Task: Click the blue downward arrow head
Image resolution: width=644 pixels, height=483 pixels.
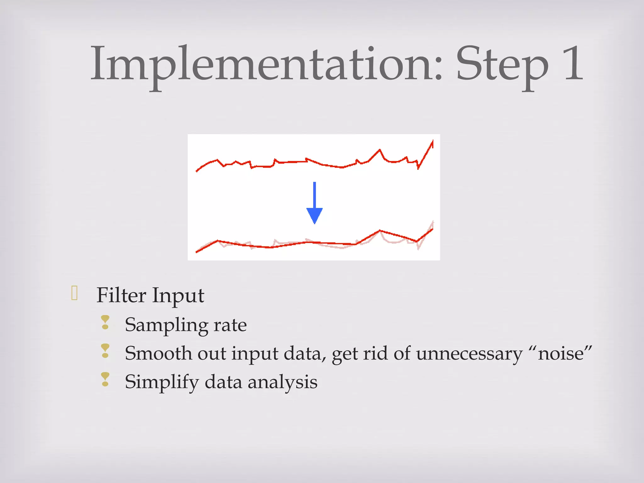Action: click(x=314, y=215)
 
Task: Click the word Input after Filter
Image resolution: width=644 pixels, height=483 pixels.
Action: click(x=178, y=296)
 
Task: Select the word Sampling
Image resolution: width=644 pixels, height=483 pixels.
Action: click(x=166, y=325)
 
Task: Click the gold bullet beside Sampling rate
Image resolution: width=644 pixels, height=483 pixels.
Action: click(x=105, y=323)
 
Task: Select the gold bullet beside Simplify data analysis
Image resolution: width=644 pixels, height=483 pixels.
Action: click(x=105, y=379)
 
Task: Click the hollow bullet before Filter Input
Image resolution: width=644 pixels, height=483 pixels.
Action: click(x=75, y=293)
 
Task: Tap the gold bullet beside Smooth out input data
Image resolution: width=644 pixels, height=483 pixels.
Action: click(x=105, y=351)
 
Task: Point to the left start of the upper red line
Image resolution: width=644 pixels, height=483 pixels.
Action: click(x=197, y=171)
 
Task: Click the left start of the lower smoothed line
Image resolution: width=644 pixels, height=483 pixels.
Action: click(x=197, y=252)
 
